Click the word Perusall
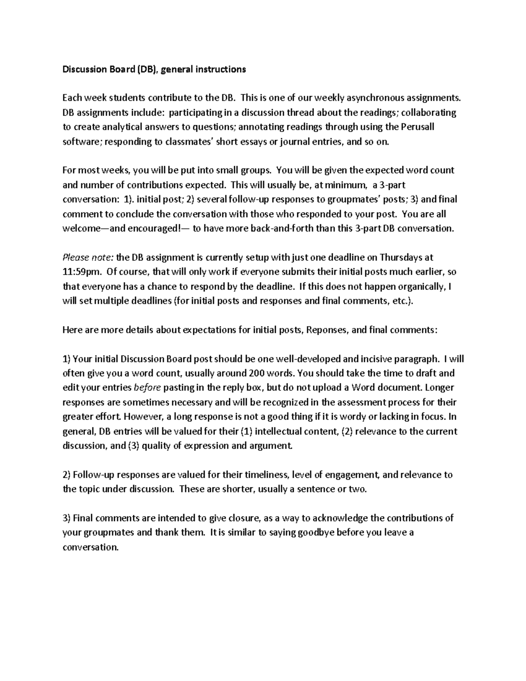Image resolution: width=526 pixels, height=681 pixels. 416,127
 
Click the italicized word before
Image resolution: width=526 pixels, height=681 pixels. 147,388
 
